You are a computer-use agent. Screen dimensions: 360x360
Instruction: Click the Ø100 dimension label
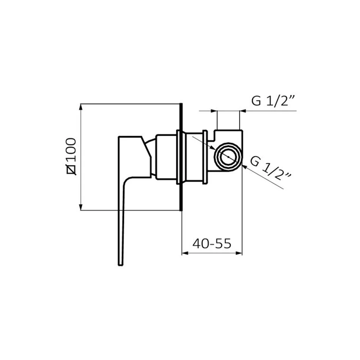71,156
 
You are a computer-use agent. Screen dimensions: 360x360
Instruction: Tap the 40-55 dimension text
212,244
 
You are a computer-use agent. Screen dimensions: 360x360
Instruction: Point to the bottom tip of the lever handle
121,265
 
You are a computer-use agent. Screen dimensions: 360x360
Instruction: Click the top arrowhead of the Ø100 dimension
81,107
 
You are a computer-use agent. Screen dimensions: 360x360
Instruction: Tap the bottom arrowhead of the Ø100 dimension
81,207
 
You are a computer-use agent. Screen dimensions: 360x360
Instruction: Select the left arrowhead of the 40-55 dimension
185,253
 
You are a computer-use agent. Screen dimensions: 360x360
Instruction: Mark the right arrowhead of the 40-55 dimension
239,253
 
